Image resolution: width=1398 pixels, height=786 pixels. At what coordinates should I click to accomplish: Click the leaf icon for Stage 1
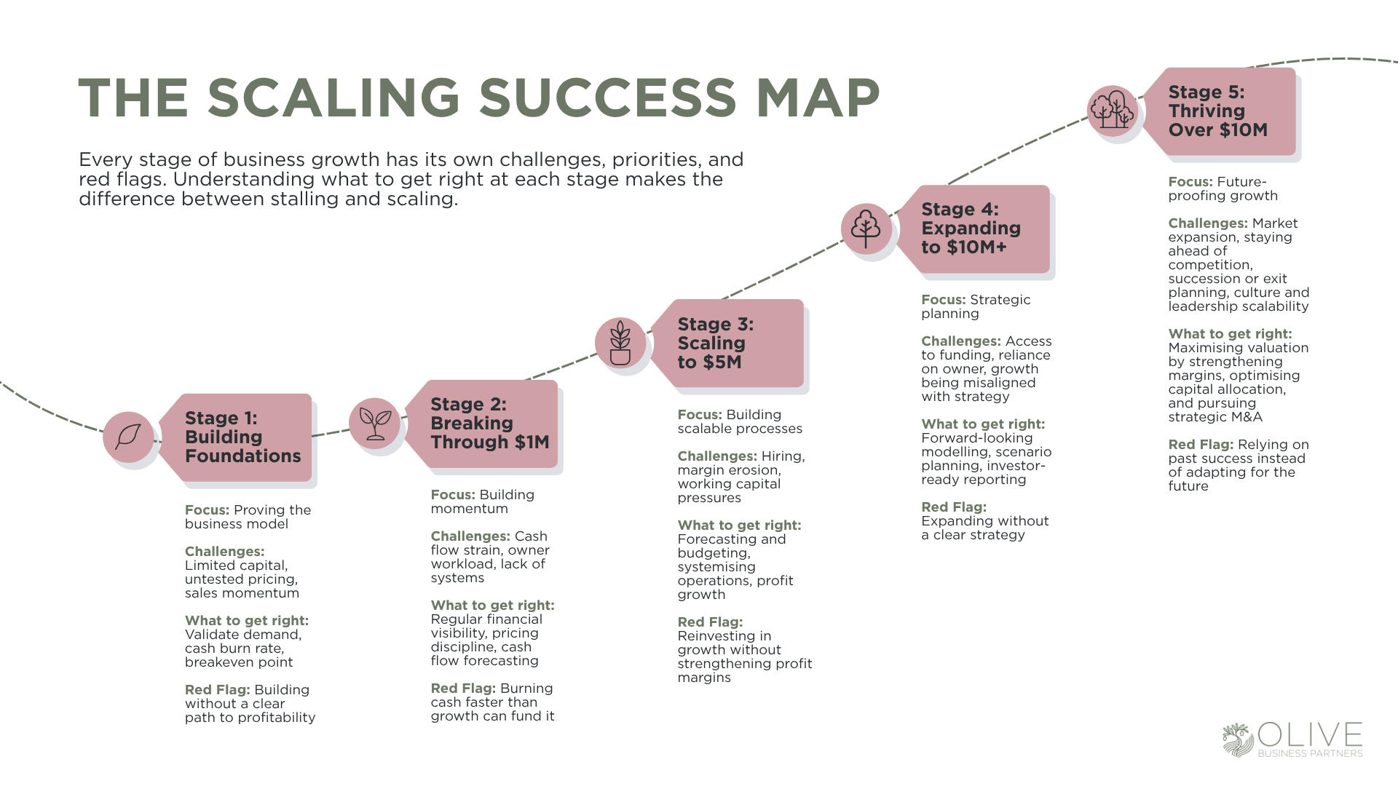click(128, 437)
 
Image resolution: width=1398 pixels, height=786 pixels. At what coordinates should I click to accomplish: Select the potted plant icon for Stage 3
click(620, 343)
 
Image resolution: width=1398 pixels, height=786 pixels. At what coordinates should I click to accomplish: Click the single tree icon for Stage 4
click(866, 229)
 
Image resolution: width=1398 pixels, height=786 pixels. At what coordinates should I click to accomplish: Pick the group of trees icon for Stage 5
click(1113, 111)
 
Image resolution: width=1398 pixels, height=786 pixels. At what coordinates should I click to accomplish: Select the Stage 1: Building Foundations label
click(242, 437)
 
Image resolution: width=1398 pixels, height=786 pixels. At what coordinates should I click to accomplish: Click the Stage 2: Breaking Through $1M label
click(489, 424)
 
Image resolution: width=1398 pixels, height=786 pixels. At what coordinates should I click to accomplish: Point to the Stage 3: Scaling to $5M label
click(716, 343)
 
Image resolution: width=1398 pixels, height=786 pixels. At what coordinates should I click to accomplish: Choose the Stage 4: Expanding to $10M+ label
click(971, 229)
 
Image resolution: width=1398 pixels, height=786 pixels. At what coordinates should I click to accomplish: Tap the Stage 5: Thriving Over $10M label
click(1217, 111)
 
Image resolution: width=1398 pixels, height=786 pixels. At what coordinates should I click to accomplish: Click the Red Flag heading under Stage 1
click(217, 690)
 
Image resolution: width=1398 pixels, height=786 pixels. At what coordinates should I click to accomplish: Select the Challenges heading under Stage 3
click(717, 456)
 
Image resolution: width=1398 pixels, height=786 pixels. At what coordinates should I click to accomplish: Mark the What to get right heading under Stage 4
click(983, 424)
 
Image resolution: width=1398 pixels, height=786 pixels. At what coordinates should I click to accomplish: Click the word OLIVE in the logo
click(1310, 735)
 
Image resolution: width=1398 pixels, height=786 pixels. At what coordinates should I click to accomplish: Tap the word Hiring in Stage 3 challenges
click(783, 456)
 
